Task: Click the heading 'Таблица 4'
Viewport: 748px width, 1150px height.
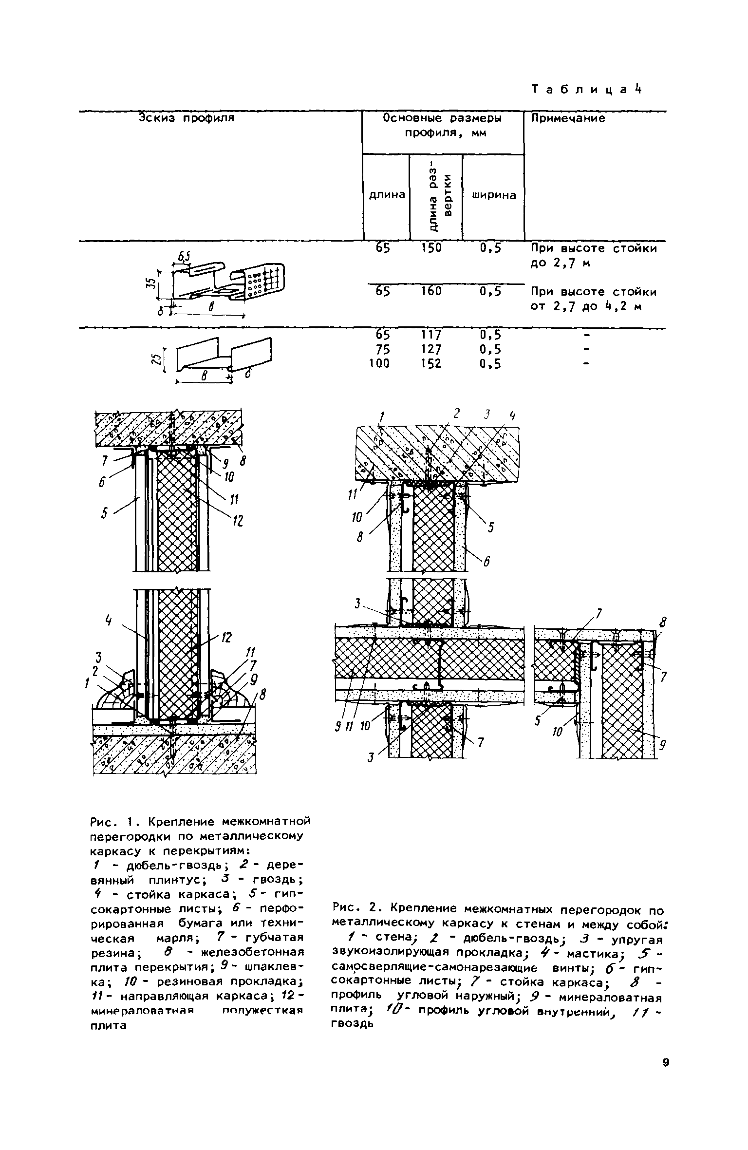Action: (587, 90)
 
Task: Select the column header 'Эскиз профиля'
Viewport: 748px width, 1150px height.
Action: (187, 118)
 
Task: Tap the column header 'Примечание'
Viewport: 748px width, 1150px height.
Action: (567, 118)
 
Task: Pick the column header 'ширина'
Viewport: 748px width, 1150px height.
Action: (493, 195)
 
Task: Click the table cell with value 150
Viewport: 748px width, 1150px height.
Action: (431, 248)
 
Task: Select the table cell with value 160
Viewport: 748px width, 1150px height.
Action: (431, 291)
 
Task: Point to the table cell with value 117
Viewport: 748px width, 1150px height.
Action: (431, 335)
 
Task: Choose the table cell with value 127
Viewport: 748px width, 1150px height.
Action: (431, 349)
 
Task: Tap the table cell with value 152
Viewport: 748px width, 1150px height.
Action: (431, 364)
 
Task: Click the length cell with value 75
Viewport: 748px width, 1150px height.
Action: (382, 349)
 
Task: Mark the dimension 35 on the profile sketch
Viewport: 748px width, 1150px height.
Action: (151, 285)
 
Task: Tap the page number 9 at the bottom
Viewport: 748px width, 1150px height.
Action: (666, 1063)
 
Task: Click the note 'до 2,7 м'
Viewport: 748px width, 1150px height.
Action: (560, 264)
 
